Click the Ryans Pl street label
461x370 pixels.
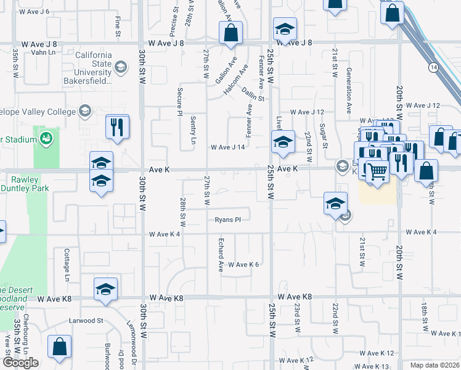[227, 219]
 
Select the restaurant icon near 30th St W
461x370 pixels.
[117, 128]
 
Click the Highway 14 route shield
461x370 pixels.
[434, 66]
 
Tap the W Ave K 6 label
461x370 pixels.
[243, 264]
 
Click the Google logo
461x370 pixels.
[20, 363]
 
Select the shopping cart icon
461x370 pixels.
[377, 170]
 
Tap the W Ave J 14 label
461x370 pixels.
[228, 147]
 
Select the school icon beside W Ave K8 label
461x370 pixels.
[106, 289]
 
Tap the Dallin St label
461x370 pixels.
[253, 94]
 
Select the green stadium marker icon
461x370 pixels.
[46, 139]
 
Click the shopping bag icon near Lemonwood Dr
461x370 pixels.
[59, 348]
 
